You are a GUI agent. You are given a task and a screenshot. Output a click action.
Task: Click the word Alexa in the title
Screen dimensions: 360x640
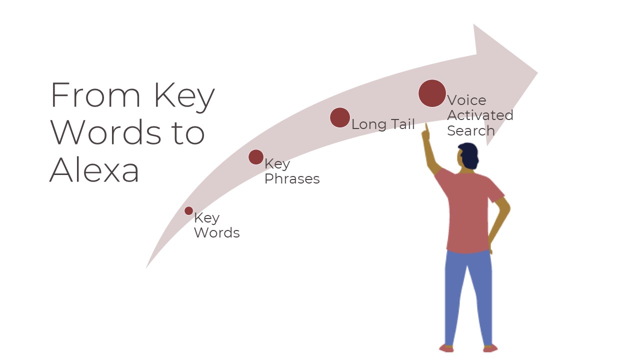point(94,170)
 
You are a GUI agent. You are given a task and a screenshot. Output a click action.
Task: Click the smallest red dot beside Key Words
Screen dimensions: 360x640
point(188,211)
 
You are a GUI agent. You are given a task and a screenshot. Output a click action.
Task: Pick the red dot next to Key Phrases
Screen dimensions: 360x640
point(256,157)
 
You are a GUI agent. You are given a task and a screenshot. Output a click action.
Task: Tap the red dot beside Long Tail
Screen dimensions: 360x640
point(340,117)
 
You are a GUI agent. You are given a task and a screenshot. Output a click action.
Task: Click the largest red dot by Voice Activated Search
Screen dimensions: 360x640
point(432,93)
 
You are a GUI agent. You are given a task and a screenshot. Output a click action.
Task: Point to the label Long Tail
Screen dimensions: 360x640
point(383,124)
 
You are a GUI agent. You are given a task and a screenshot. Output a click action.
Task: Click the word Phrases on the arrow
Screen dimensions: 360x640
point(292,178)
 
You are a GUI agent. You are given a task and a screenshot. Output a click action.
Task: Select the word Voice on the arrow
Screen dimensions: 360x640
point(466,100)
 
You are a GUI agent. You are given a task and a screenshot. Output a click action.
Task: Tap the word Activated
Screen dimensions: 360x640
point(480,115)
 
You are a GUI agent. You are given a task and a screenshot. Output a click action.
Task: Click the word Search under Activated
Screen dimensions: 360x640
point(470,131)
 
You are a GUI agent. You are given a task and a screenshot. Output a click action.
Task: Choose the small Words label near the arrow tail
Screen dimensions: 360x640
point(216,233)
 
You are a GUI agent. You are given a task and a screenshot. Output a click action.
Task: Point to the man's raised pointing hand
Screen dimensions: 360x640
point(426,133)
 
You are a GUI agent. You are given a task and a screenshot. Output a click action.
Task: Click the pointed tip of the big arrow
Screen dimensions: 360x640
point(537,73)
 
